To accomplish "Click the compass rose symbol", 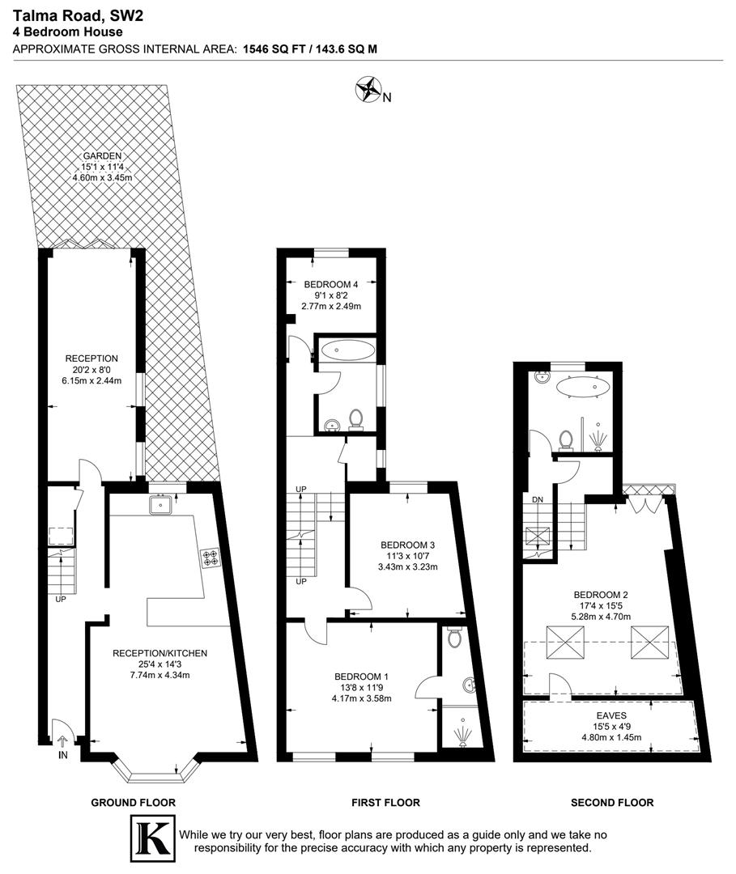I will tap(368, 89).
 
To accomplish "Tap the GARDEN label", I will tap(102, 157).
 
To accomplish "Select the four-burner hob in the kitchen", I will tap(211, 558).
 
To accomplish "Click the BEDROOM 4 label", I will tap(330, 285).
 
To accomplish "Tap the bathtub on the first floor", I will tap(347, 350).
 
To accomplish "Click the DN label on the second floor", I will tap(537, 499).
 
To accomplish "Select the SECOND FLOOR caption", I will tap(612, 803).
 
